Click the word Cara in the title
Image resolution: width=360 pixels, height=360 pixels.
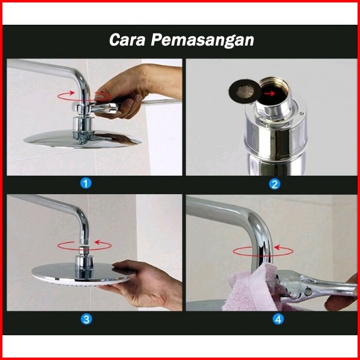point(127,40)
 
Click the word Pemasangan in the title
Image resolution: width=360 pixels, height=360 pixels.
point(202,40)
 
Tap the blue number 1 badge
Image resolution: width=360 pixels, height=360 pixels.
point(86,183)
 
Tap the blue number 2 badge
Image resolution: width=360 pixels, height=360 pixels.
point(274,184)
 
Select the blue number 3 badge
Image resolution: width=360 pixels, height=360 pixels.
point(86,319)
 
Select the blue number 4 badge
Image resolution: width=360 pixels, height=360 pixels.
point(278,319)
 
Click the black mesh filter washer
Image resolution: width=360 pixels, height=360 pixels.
point(245,91)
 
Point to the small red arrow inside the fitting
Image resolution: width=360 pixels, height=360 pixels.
point(269,93)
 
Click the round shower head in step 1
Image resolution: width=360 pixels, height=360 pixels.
point(82,139)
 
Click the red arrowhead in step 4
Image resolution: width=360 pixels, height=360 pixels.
point(277,247)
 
